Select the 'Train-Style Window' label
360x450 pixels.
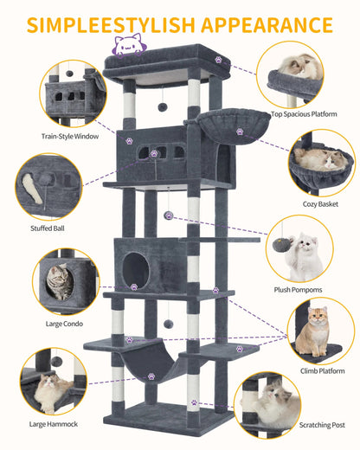point(69,136)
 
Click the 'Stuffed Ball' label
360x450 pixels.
point(48,229)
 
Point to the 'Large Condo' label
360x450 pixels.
point(65,323)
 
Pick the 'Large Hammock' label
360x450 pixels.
point(55,424)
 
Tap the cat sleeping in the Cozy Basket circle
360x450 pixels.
point(318,160)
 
